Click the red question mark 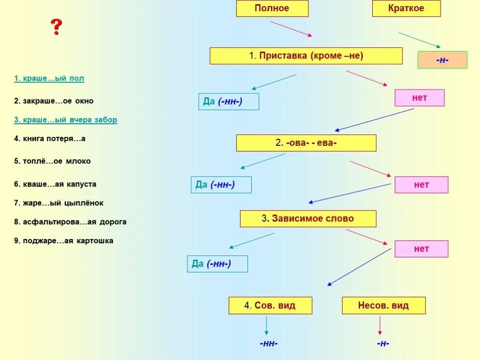coord(56,28)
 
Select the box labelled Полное coord(272,8)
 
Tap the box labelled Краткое coord(406,8)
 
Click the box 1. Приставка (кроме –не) coord(306,56)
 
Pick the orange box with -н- coord(442,60)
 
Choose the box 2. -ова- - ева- coord(306,143)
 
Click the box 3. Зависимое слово coord(307,218)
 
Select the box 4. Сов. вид coord(270,306)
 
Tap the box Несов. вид coord(383,306)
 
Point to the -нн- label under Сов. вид coord(269,344)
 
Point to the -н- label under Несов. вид coord(382,344)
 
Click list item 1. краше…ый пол coord(49,78)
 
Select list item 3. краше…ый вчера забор coord(65,120)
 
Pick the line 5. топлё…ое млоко coord(52,161)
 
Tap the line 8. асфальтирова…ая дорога coord(70,222)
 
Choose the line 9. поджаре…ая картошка coord(63,240)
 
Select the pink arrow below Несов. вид coord(380,325)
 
